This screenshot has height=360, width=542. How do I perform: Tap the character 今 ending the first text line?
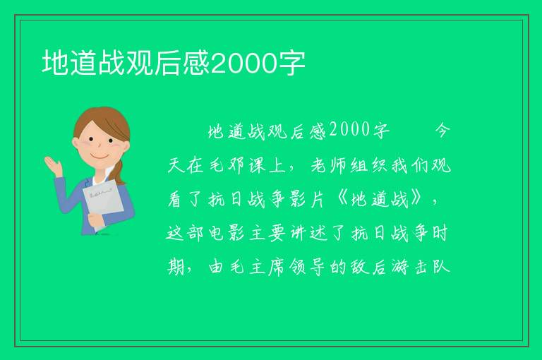click(442, 131)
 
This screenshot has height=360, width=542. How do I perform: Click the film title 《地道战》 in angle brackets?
click(380, 200)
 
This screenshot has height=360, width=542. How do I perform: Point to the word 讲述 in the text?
click(308, 233)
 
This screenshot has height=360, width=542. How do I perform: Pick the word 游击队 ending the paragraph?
click(421, 267)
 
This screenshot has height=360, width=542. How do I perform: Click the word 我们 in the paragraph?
click(410, 165)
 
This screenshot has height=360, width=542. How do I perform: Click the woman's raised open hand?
click(53, 166)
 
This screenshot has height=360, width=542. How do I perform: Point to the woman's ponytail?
click(119, 173)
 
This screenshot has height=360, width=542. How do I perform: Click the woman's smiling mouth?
click(99, 157)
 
